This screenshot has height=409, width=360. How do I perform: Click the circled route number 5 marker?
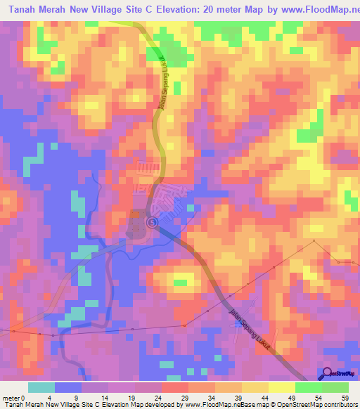click(153, 222)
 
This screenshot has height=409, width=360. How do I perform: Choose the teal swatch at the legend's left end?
click(41, 387)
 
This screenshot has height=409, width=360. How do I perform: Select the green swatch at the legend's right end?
click(335, 387)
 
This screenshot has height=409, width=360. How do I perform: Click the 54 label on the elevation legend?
click(318, 397)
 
